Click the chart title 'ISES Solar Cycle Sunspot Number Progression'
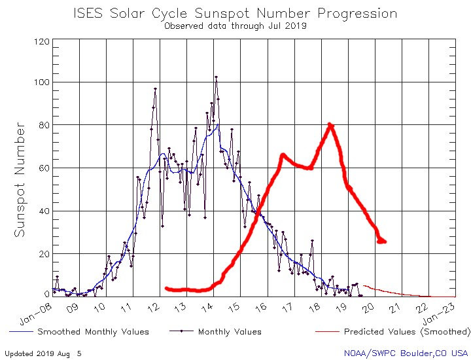tap(235, 13)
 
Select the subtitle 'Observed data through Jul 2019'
tap(235, 26)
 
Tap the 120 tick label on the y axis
tap(41, 41)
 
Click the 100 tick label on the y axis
tap(41, 82)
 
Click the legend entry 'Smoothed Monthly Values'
tap(84, 332)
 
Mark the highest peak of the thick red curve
tap(330, 124)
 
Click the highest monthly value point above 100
tap(216, 77)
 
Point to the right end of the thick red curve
tap(383, 242)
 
